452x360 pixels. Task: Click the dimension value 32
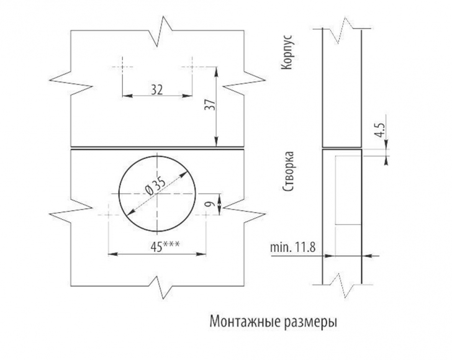pyautogui.click(x=157, y=89)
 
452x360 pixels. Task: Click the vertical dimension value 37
pyautogui.click(x=210, y=105)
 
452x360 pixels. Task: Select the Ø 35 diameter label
pyautogui.click(x=156, y=186)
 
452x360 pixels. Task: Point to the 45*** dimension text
pyautogui.click(x=165, y=247)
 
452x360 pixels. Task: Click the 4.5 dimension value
pyautogui.click(x=381, y=130)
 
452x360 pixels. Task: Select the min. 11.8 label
pyautogui.click(x=293, y=248)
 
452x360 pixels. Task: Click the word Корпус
pyautogui.click(x=287, y=52)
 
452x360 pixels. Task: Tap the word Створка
pyautogui.click(x=288, y=171)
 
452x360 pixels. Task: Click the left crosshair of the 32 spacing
pyautogui.click(x=122, y=67)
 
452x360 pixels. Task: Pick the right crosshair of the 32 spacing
pyautogui.click(x=192, y=67)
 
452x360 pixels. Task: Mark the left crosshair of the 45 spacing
pyautogui.click(x=108, y=215)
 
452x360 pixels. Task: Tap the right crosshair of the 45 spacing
pyautogui.click(x=206, y=215)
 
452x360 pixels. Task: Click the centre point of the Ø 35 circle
pyautogui.click(x=157, y=194)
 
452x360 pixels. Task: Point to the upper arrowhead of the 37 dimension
pyautogui.click(x=216, y=71)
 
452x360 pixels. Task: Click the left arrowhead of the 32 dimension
pyautogui.click(x=127, y=96)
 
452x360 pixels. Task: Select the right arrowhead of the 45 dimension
pyautogui.click(x=201, y=254)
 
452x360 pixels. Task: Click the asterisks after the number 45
pyautogui.click(x=171, y=244)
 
